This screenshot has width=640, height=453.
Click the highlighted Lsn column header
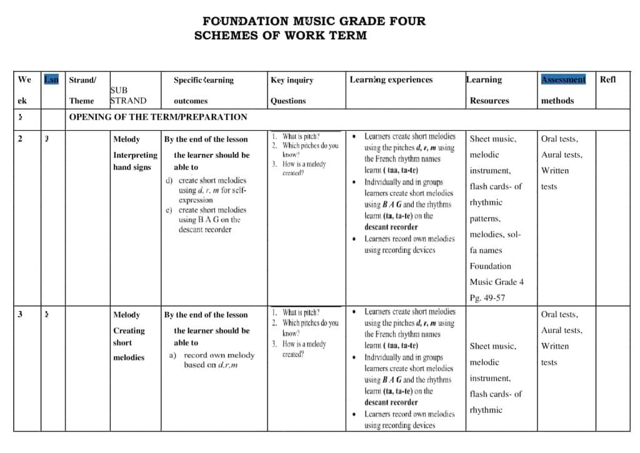(x=52, y=79)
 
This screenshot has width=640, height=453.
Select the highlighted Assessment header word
(x=563, y=79)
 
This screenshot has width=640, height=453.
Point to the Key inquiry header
(x=292, y=80)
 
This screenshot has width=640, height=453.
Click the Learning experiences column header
(x=391, y=79)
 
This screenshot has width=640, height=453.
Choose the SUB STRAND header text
(x=128, y=96)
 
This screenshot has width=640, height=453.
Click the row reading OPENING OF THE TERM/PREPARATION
(x=157, y=117)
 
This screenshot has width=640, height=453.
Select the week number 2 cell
(x=20, y=139)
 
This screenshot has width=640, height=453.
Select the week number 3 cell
(x=20, y=314)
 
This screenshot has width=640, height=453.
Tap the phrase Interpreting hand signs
(x=135, y=161)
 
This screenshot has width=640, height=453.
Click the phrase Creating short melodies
(x=129, y=343)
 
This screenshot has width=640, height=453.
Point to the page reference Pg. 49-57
(x=487, y=298)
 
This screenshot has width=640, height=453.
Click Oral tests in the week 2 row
(x=559, y=139)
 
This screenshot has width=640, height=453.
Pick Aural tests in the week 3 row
(x=561, y=330)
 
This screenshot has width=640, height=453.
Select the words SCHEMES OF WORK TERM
(x=281, y=35)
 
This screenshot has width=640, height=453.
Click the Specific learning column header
(x=204, y=80)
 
